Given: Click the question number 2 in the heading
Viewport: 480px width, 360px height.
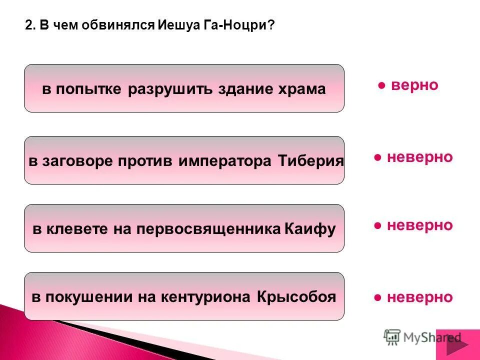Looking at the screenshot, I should click(28, 26).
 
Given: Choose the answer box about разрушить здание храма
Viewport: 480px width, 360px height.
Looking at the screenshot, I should click(184, 88).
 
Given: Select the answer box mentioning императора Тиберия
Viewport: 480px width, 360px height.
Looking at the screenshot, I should click(184, 160).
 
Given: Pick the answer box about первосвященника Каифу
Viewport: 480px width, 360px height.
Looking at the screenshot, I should click(184, 228).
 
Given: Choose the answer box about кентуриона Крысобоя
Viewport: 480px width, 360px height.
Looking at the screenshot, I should click(184, 296).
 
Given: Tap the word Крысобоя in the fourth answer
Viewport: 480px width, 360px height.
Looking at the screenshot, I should click(296, 297).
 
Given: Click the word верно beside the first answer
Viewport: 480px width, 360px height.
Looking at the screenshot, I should click(414, 85).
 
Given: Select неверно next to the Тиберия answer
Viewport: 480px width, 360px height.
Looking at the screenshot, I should click(419, 157).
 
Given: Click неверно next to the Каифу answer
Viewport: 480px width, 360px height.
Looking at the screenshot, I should click(419, 225).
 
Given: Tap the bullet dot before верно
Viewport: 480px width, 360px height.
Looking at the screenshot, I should click(381, 86).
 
